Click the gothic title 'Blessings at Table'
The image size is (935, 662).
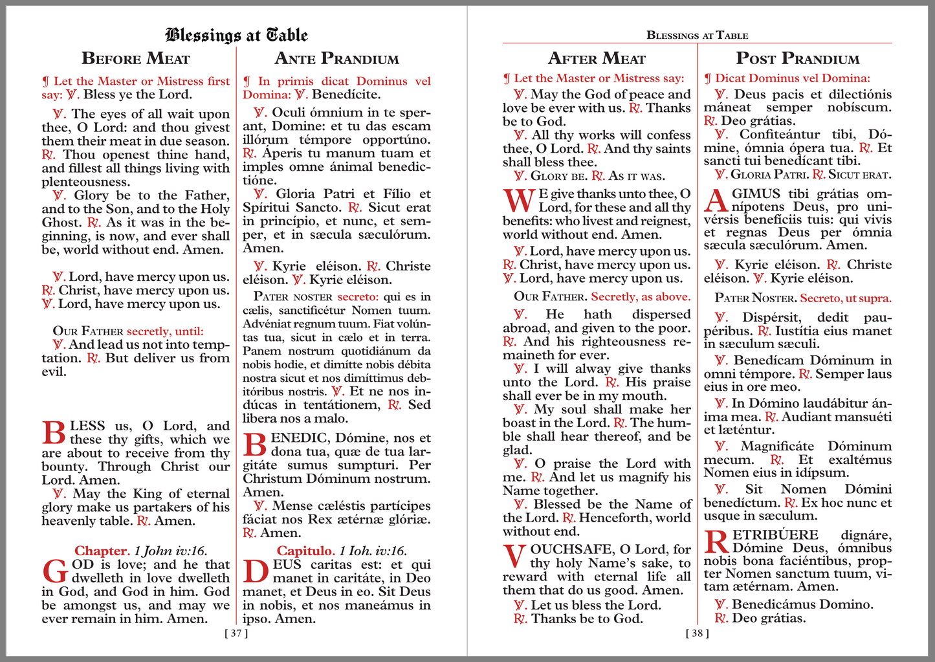coord(236,35)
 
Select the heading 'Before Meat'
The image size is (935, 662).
coord(136,59)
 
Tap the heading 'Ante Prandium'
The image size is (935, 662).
coord(336,59)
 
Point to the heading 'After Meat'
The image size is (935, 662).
coord(597,59)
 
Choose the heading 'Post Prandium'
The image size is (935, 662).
coord(798,59)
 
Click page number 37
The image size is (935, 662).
coord(236,634)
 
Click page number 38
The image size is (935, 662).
coord(697,634)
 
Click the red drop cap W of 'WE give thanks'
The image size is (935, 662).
coord(519,201)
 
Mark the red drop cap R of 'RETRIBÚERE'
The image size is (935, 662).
coord(716,542)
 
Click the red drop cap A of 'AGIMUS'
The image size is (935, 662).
coord(716,201)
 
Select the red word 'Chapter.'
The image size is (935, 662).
coord(102,551)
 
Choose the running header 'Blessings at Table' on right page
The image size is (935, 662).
coord(697,36)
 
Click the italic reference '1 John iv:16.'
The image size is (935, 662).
coord(171,551)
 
